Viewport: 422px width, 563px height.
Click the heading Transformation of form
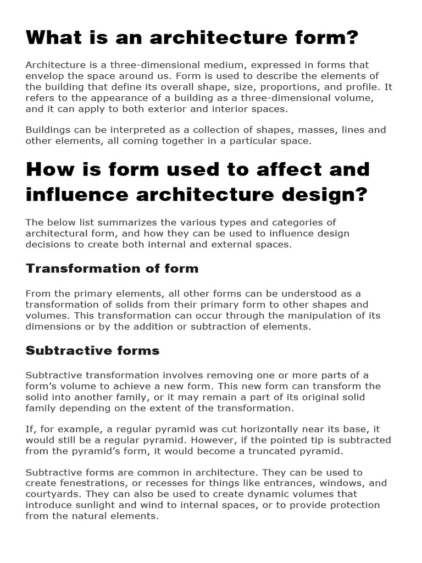tap(112, 268)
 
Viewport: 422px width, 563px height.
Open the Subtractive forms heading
tap(93, 350)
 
